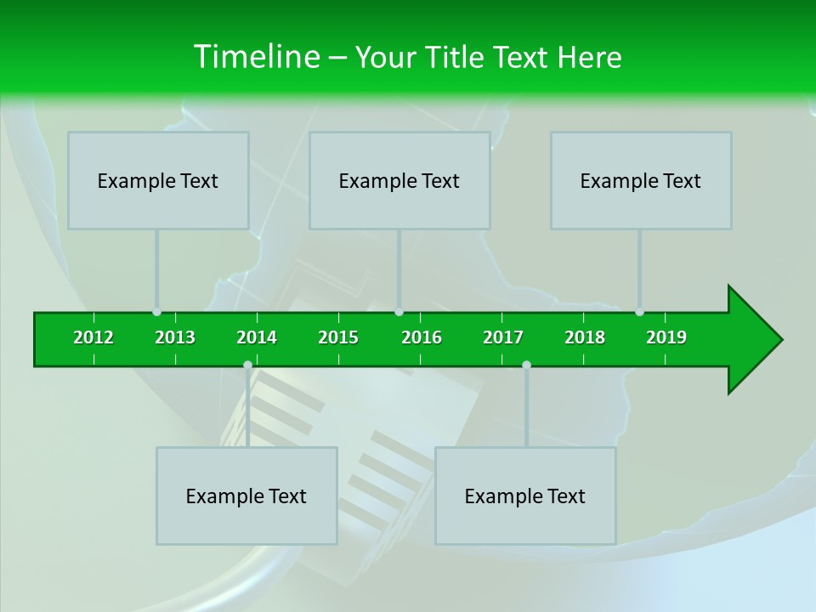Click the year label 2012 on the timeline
[93, 337]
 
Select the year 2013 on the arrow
[175, 337]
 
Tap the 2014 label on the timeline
[257, 337]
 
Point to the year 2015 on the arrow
[338, 337]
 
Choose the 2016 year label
[422, 337]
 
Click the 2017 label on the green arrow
[503, 337]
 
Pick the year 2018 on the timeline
[585, 337]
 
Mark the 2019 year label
[666, 337]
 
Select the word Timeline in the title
[255, 57]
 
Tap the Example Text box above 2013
[158, 180]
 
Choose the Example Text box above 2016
[399, 180]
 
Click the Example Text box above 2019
[641, 180]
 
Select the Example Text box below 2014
[246, 496]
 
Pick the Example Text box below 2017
[525, 496]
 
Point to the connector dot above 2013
[156, 312]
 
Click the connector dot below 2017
[526, 365]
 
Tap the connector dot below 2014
[247, 365]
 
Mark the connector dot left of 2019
[639, 312]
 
